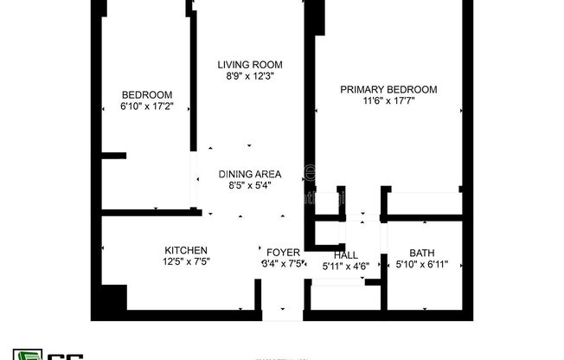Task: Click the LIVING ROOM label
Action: pyautogui.click(x=250, y=65)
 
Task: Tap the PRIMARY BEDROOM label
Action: pyautogui.click(x=388, y=89)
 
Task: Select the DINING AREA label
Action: pyautogui.click(x=250, y=173)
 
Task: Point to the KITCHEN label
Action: pyautogui.click(x=186, y=251)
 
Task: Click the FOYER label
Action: pyautogui.click(x=283, y=253)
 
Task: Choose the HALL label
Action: pyautogui.click(x=345, y=255)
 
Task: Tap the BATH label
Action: pyautogui.click(x=422, y=253)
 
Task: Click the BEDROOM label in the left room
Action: pyautogui.click(x=146, y=95)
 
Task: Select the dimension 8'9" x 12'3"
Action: pyautogui.click(x=250, y=77)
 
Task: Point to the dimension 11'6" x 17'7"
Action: pyautogui.click(x=388, y=101)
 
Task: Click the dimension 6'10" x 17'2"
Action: pyautogui.click(x=146, y=107)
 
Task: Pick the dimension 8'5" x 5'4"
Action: pyautogui.click(x=250, y=185)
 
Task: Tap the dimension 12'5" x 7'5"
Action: pyautogui.click(x=186, y=262)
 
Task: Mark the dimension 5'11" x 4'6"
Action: pyautogui.click(x=345, y=267)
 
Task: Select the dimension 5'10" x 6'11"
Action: pyautogui.click(x=422, y=265)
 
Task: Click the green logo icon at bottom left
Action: pyautogui.click(x=29, y=354)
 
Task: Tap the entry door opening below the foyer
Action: pyautogui.click(x=282, y=313)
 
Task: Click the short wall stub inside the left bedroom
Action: pyautogui.click(x=113, y=156)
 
